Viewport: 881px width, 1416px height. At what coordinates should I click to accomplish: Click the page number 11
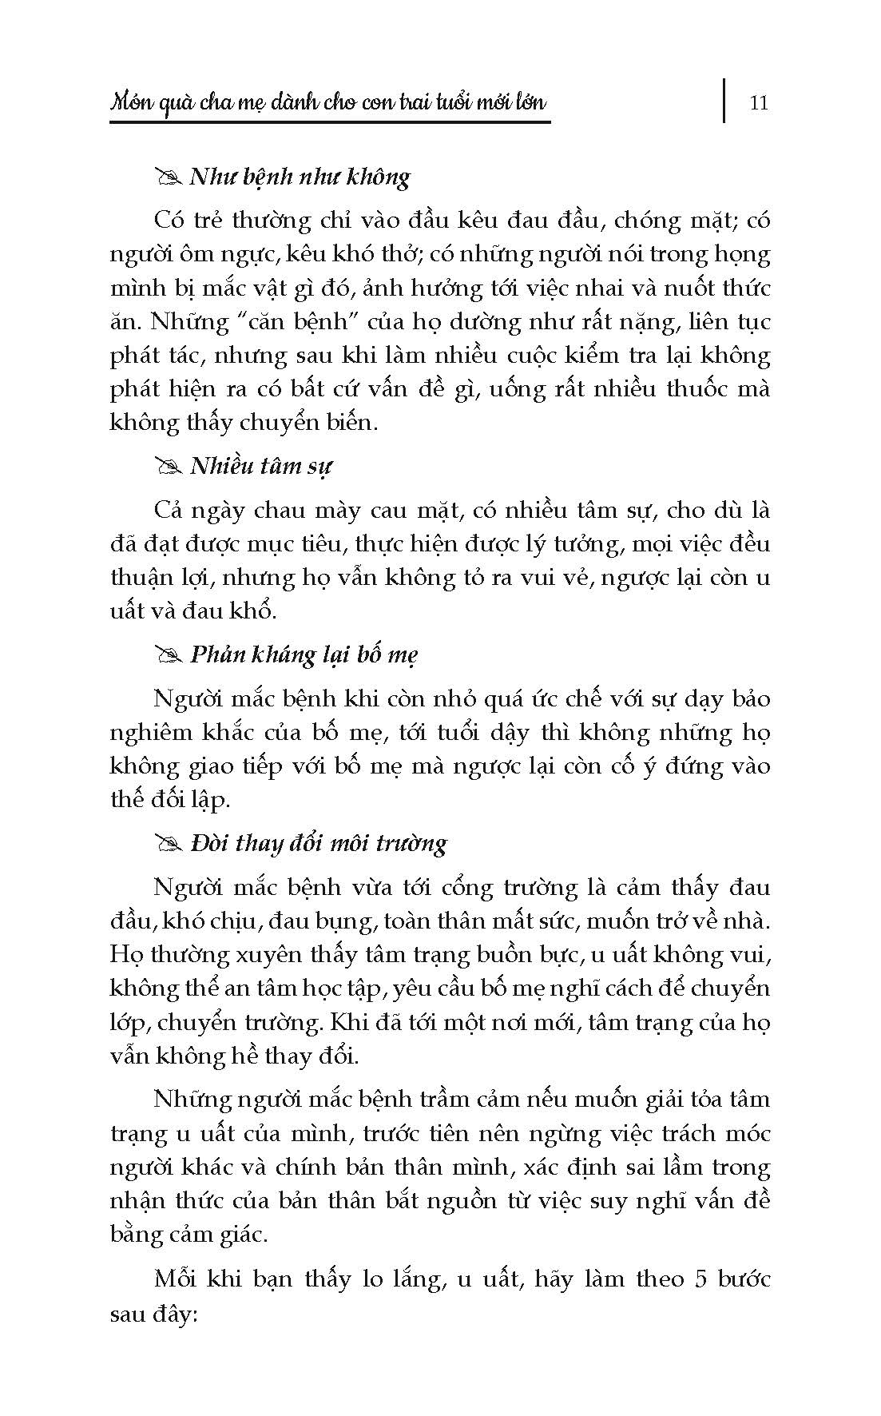(x=759, y=103)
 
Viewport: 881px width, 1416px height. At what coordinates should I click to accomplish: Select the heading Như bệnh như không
(x=300, y=177)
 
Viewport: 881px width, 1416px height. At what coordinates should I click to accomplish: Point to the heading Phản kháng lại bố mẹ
(x=304, y=654)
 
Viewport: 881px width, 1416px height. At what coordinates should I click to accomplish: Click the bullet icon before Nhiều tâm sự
(x=169, y=467)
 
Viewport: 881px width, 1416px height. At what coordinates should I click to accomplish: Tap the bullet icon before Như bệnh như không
(x=169, y=177)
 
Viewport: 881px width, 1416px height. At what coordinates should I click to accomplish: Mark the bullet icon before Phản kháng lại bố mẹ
(x=169, y=655)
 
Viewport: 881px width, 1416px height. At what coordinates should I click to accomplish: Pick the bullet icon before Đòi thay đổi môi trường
(x=169, y=844)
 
